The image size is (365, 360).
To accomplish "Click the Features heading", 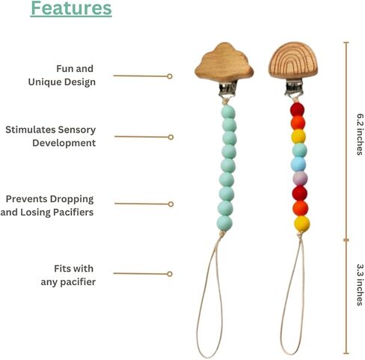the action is [71, 8].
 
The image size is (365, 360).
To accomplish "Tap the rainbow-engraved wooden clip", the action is [292, 61].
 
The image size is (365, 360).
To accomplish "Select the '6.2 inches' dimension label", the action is [360, 135].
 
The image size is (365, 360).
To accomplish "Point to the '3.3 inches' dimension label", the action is [360, 284].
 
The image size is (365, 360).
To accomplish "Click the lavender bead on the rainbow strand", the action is [300, 178].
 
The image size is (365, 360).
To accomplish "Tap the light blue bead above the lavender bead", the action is [298, 164].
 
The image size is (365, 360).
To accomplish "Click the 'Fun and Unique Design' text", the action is [62, 75].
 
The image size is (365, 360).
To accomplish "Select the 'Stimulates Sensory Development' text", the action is [51, 136].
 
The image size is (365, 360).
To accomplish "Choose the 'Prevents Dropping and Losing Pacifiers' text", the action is [47, 206].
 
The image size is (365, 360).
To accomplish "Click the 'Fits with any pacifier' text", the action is [68, 275].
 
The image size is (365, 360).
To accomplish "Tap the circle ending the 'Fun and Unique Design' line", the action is [170, 76].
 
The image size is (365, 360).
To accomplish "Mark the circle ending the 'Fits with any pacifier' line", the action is [170, 274].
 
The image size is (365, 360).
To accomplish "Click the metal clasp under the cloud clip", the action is [227, 89].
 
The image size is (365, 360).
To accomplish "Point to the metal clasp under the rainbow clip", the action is [294, 88].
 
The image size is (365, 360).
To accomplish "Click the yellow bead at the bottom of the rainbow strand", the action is [302, 224].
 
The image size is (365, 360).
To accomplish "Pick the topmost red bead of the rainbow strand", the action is [297, 109].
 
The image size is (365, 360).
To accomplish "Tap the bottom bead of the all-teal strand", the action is [224, 223].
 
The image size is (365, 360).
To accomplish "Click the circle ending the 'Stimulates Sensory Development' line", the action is [171, 137].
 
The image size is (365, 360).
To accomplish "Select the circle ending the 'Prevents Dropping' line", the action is [171, 204].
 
